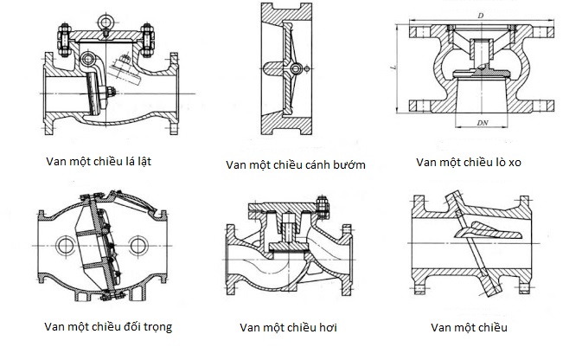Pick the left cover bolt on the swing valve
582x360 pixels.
[x=63, y=41]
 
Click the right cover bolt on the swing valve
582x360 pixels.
[x=149, y=41]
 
